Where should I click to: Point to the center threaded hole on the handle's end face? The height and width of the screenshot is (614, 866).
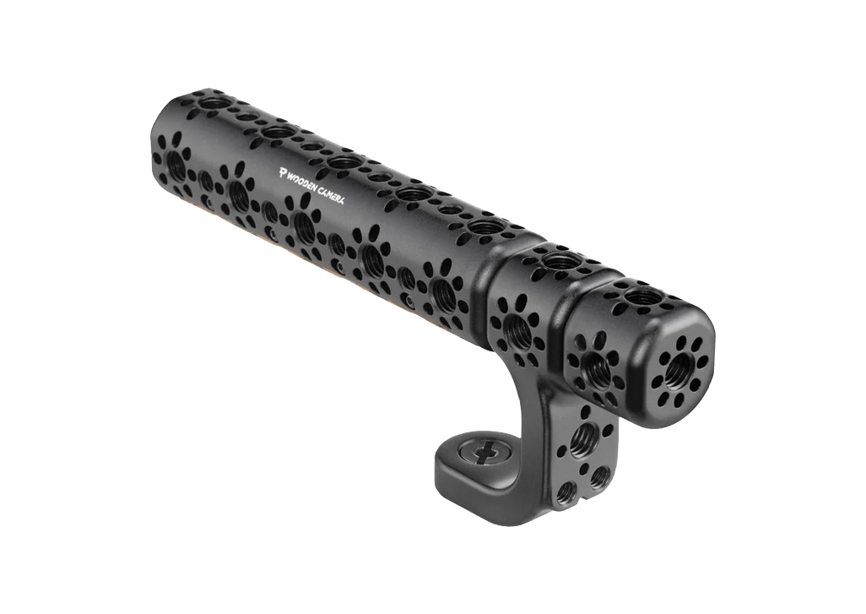click(679, 367)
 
